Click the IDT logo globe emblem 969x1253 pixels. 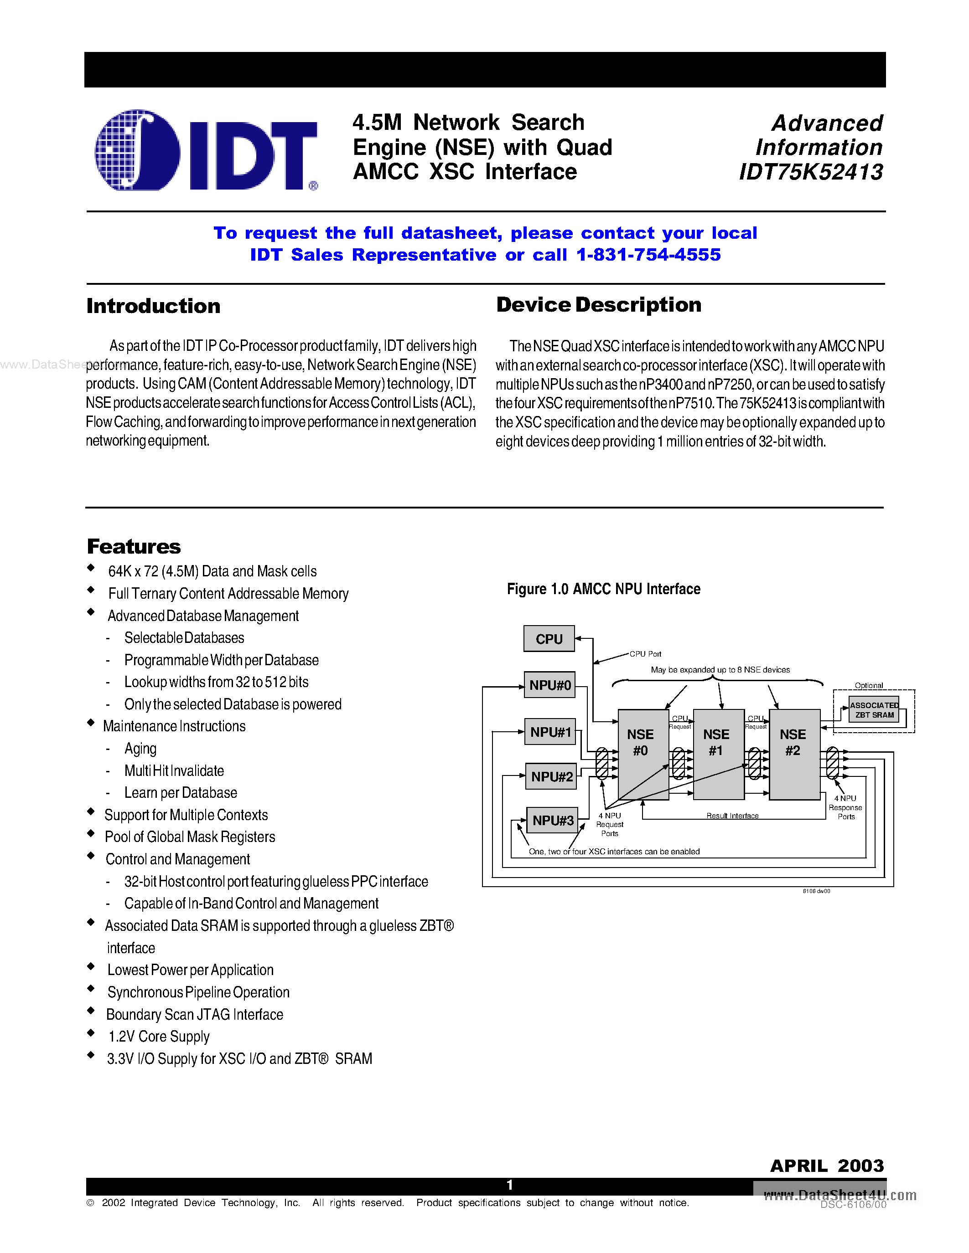click(x=137, y=150)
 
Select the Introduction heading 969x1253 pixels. click(x=153, y=306)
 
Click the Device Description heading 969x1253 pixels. click(x=598, y=305)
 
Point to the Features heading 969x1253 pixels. click(x=134, y=546)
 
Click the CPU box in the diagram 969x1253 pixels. click(x=549, y=638)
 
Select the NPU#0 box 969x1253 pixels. click(x=549, y=685)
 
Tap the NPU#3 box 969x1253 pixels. click(x=552, y=821)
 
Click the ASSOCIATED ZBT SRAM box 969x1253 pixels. click(x=874, y=710)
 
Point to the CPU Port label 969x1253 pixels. click(x=645, y=654)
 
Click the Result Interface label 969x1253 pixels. click(x=732, y=815)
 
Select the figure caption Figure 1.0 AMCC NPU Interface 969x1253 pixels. click(x=603, y=589)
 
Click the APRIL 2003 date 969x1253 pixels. click(x=827, y=1166)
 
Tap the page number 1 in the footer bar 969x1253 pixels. click(x=509, y=1185)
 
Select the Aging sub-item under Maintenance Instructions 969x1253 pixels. click(x=140, y=749)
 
